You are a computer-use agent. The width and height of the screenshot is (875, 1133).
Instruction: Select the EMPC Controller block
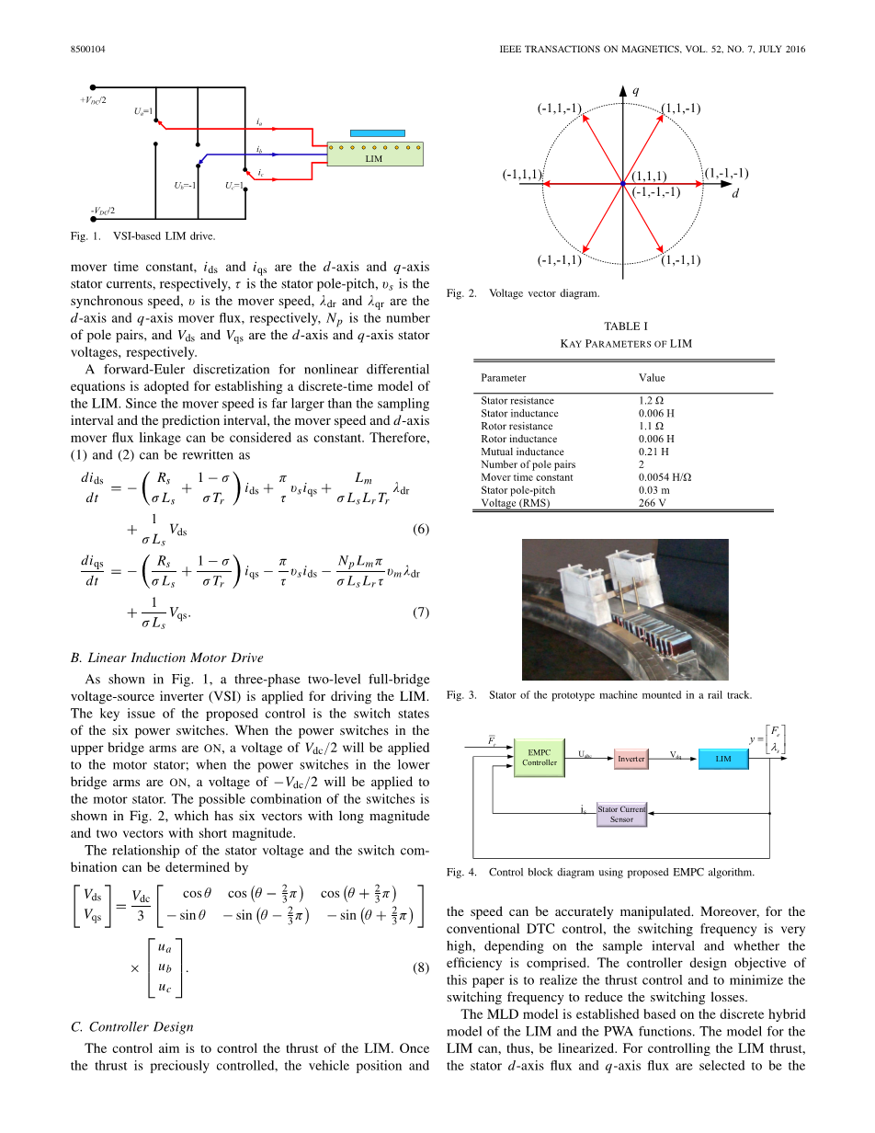tap(540, 757)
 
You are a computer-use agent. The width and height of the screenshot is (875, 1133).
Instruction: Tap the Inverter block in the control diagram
tap(631, 759)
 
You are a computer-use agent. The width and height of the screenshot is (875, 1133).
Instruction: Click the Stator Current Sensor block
tap(621, 814)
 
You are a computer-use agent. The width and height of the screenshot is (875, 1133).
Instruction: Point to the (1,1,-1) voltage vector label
tap(681, 109)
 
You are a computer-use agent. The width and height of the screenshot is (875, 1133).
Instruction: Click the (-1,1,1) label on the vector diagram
tap(522, 175)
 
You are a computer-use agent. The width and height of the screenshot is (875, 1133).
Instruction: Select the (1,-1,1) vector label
tap(680, 259)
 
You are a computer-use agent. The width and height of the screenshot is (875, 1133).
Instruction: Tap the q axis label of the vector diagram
tap(635, 90)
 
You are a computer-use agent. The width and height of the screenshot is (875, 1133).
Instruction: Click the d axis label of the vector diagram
tap(734, 194)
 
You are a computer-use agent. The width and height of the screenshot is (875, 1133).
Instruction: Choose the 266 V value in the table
tap(652, 503)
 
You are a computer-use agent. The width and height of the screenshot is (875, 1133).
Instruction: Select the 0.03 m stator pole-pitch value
tap(653, 490)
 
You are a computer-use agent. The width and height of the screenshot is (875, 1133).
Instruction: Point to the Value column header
tap(652, 377)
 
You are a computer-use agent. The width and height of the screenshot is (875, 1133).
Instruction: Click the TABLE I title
tap(626, 326)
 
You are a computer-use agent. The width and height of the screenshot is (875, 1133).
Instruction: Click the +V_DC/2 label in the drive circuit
tap(93, 99)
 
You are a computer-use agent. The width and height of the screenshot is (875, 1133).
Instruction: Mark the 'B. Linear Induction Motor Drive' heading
tap(166, 658)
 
